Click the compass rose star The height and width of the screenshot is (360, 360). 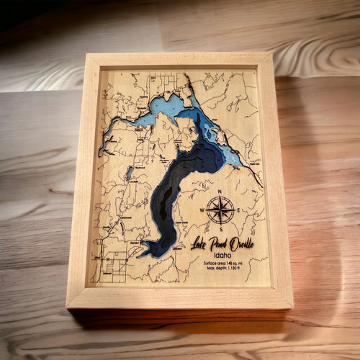(x=221, y=211)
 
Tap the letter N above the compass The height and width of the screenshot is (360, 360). (x=221, y=192)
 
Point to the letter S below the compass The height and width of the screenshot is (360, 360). (x=221, y=230)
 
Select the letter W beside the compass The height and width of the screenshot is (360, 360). (x=201, y=211)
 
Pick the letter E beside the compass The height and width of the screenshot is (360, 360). (x=240, y=211)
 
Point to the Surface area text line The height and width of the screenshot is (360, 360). (x=226, y=264)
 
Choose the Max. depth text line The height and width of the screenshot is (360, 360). (x=228, y=270)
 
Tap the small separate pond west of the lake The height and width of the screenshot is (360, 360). (x=129, y=173)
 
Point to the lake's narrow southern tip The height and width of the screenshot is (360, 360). (x=145, y=253)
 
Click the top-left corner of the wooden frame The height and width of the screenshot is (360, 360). (x=87, y=55)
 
